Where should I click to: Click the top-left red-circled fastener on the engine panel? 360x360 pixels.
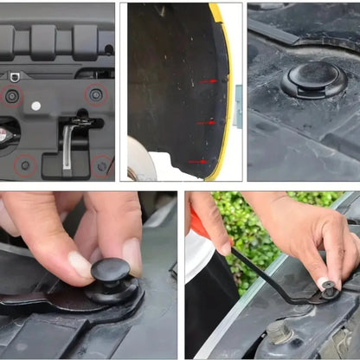[x=11, y=95]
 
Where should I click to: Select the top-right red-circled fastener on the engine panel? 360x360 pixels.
[x=95, y=93]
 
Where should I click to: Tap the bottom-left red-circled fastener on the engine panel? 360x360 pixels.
[x=25, y=164]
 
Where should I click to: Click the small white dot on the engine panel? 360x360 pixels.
[x=35, y=106]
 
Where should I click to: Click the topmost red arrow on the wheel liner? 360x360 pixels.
[x=209, y=80]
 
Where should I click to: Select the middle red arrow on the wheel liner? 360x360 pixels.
[x=206, y=122]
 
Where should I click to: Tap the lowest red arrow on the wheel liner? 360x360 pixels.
[x=198, y=161]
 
